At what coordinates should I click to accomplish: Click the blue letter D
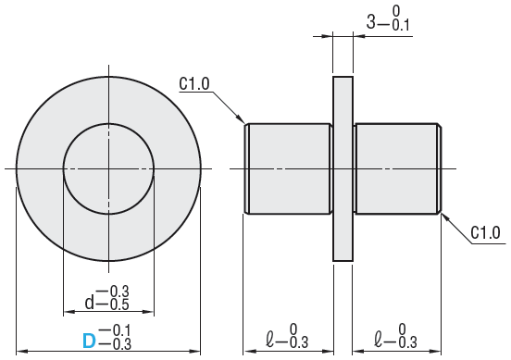(x=89, y=341)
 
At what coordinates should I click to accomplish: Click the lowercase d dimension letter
(x=89, y=303)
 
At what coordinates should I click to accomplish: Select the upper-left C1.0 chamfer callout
(x=194, y=83)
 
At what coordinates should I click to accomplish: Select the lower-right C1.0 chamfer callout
(x=486, y=233)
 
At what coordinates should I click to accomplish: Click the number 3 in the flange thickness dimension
(x=371, y=22)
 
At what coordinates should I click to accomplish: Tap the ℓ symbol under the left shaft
(x=269, y=340)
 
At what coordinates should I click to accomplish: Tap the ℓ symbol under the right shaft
(x=379, y=340)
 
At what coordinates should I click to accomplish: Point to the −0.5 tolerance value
(x=113, y=304)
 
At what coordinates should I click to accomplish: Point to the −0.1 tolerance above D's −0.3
(x=115, y=330)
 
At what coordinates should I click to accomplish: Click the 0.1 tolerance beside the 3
(x=401, y=25)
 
